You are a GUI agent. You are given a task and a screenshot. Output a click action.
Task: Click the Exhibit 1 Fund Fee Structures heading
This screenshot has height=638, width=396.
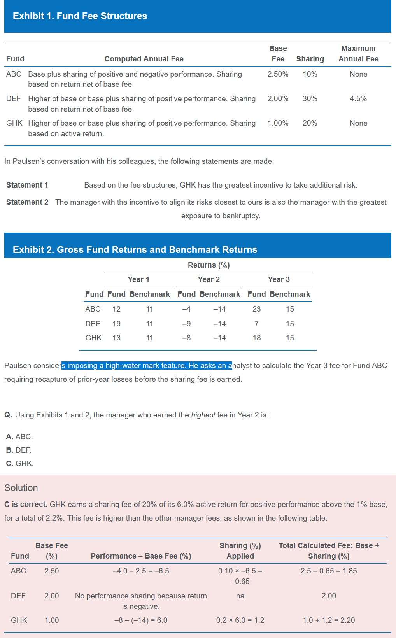pyautogui.click(x=80, y=16)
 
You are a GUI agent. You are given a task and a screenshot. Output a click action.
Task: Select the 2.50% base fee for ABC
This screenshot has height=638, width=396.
pyautogui.click(x=278, y=74)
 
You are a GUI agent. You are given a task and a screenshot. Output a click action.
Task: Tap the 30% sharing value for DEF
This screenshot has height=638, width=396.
pyautogui.click(x=310, y=98)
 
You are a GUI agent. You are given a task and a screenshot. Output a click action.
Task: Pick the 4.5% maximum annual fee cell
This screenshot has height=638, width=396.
pyautogui.click(x=358, y=98)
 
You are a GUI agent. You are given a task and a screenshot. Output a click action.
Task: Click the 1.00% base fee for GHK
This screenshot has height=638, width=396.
pyautogui.click(x=278, y=123)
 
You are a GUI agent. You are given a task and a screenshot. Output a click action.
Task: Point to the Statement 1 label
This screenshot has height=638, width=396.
pyautogui.click(x=27, y=185)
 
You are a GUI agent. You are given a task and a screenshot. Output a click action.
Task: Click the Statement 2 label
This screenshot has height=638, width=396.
pyautogui.click(x=27, y=202)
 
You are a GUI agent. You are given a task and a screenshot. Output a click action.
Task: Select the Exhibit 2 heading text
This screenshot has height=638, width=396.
pyautogui.click(x=135, y=249)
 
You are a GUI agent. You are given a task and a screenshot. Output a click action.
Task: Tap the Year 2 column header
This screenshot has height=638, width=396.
pyautogui.click(x=209, y=279)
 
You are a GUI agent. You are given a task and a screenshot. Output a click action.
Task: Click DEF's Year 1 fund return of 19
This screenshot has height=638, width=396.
pyautogui.click(x=116, y=324)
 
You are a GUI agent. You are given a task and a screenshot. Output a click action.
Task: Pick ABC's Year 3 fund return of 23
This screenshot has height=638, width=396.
pyautogui.click(x=256, y=309)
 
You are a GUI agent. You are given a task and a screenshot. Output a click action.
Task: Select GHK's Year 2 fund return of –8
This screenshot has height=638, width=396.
pyautogui.click(x=186, y=338)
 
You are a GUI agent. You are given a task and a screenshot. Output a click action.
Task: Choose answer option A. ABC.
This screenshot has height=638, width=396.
pyautogui.click(x=19, y=436)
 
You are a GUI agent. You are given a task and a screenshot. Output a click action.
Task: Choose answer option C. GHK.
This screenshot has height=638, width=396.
pyautogui.click(x=20, y=463)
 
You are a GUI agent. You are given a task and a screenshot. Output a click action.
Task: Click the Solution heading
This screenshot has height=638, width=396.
pyautogui.click(x=21, y=487)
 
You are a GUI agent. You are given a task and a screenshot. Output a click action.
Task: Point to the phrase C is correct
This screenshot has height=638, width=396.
pyautogui.click(x=26, y=504)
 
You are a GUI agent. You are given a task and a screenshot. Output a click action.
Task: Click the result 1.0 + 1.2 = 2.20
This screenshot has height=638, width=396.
pyautogui.click(x=329, y=620)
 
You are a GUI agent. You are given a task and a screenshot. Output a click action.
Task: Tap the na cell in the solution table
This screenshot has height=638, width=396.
pyautogui.click(x=240, y=596)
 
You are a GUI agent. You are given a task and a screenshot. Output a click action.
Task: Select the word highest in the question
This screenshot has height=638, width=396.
pyautogui.click(x=203, y=415)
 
